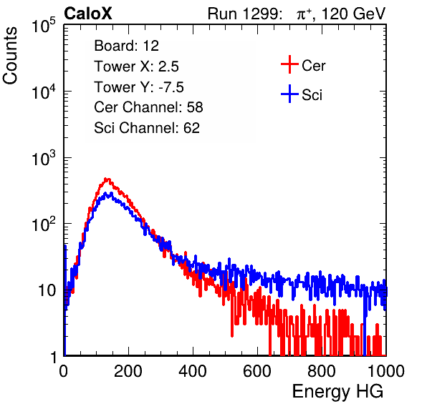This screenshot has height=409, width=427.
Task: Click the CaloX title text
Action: click(88, 13)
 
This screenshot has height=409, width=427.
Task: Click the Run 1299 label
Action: click(244, 14)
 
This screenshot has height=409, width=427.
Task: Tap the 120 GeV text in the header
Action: click(353, 14)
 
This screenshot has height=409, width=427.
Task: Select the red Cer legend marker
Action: click(289, 64)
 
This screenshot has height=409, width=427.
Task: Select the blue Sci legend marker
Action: click(289, 94)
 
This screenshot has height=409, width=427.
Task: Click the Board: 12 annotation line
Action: click(126, 46)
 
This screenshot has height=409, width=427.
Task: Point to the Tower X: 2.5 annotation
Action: click(136, 66)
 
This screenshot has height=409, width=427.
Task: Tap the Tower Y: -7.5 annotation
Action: click(139, 87)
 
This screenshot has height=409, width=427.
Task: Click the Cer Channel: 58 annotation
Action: click(148, 107)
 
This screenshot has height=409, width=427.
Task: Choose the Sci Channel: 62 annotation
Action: click(147, 128)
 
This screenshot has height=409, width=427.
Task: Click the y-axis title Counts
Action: click(10, 56)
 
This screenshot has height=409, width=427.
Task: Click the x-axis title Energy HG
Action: click(338, 392)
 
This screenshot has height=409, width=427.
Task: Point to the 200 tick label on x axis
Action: click(128, 371)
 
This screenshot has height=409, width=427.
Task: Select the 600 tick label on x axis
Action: click(257, 371)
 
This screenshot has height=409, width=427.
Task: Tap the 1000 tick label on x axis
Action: click(386, 371)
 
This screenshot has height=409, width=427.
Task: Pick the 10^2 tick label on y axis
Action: click(44, 224)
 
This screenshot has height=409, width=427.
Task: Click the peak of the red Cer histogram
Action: click(107, 179)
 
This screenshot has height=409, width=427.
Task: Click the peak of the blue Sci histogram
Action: click(110, 194)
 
